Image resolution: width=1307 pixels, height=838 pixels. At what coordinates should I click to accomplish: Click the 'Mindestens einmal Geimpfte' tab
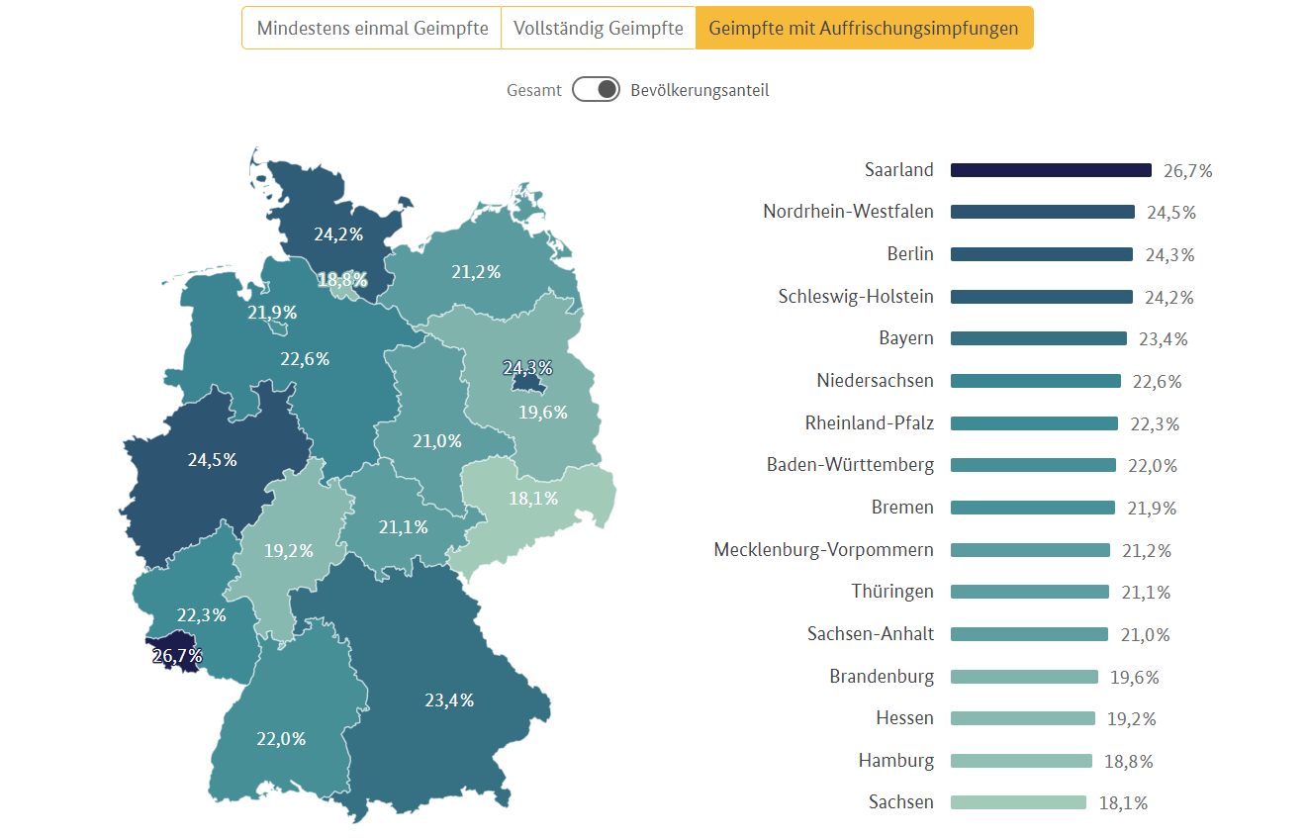(372, 28)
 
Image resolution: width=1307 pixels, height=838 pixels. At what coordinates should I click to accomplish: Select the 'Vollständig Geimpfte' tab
(598, 28)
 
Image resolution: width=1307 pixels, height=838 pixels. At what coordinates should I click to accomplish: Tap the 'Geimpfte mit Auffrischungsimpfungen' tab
(864, 28)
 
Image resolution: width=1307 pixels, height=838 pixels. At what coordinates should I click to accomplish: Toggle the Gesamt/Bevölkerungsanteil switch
(596, 90)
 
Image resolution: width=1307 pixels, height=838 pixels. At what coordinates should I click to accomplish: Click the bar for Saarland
(1051, 170)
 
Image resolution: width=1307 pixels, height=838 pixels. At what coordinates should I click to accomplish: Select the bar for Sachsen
(1018, 802)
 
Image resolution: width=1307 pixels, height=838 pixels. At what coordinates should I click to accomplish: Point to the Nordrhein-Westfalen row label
(848, 212)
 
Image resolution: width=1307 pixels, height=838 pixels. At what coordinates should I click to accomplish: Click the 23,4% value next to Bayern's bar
(1163, 339)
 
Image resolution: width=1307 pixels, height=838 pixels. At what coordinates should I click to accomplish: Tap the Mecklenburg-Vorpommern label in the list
(823, 550)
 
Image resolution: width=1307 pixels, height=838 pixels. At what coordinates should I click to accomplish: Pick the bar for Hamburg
(1021, 761)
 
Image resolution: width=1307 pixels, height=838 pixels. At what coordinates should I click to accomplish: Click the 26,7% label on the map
(177, 656)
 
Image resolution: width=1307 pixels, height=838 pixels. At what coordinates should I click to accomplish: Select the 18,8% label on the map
(342, 280)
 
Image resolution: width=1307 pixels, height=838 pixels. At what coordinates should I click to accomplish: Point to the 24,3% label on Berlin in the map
(527, 368)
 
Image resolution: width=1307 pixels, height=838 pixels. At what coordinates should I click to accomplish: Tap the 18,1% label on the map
(533, 499)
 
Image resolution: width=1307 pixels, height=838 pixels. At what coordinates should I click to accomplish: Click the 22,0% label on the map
(281, 739)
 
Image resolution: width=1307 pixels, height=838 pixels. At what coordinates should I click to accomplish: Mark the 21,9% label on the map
(272, 313)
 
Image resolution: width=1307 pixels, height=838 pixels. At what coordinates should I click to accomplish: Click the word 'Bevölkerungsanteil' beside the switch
(700, 90)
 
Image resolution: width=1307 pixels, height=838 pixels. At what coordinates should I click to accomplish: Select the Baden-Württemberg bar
(1033, 465)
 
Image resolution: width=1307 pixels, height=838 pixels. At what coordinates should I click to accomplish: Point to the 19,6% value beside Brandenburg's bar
(1134, 678)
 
